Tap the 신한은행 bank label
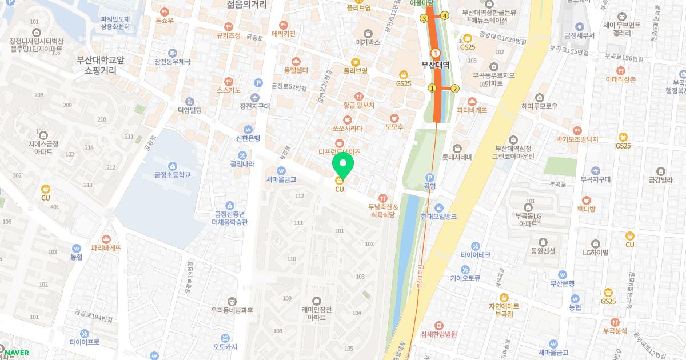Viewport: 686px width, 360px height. tap(248, 138)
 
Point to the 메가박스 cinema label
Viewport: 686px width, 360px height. tap(368, 42)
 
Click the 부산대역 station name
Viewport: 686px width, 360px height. tap(435, 65)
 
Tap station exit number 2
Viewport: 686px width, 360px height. tap(455, 88)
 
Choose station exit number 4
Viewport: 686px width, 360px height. tap(445, 16)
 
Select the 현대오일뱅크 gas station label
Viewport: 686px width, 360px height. tap(438, 217)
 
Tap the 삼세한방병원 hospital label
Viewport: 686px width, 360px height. tap(438, 334)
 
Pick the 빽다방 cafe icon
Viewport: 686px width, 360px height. tap(587, 200)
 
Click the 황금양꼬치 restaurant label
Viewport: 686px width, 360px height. tap(358, 105)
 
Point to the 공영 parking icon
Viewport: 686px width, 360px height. tap(430, 177)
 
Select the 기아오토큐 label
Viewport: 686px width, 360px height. tap(464, 279)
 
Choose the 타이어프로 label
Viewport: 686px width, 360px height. tap(85, 342)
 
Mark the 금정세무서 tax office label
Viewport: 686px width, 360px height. tap(579, 35)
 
